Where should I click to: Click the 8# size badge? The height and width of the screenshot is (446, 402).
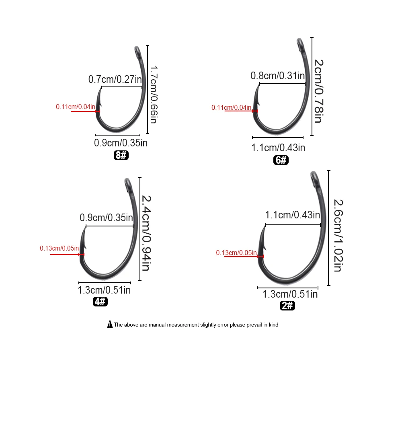tap(121, 155)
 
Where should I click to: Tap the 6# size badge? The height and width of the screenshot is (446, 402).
tap(281, 160)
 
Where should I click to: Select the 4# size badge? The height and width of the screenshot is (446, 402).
tap(100, 302)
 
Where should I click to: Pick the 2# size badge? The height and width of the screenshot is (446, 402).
tap(287, 306)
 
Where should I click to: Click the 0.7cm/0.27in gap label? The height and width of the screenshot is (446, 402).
tap(115, 79)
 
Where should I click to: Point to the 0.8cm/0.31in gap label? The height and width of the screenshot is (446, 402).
tap(278, 76)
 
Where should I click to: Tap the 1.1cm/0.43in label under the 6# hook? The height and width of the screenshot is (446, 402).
tap(278, 148)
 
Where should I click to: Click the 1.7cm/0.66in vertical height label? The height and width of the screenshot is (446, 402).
tap(154, 95)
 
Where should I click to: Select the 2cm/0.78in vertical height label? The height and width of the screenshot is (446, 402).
tap(318, 91)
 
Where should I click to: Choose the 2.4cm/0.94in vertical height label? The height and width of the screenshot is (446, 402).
tap(146, 233)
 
